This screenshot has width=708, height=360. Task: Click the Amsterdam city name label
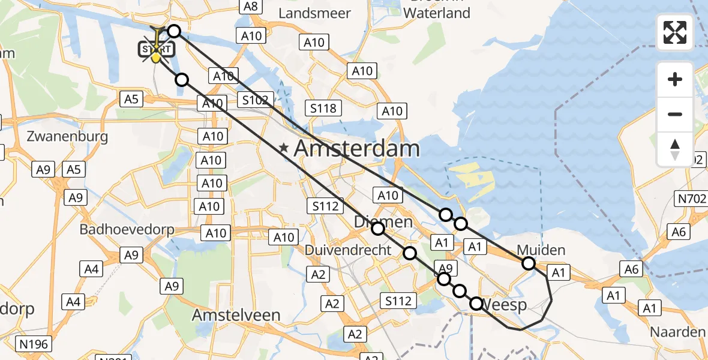[358, 148]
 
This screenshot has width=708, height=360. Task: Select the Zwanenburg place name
[67, 136]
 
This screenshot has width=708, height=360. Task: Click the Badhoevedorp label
[127, 230]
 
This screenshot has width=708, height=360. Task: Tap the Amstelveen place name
[236, 315]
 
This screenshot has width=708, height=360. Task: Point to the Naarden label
[678, 332]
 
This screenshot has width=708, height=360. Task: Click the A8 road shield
[250, 6]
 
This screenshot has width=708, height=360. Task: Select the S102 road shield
[256, 100]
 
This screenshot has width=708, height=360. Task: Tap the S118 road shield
[323, 109]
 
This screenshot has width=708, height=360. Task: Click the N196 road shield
[34, 344]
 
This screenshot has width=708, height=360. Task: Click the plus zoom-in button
[675, 79]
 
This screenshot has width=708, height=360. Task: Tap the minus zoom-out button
[675, 114]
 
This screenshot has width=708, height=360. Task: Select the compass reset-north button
[675, 149]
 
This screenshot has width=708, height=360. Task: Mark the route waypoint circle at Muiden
[528, 263]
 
